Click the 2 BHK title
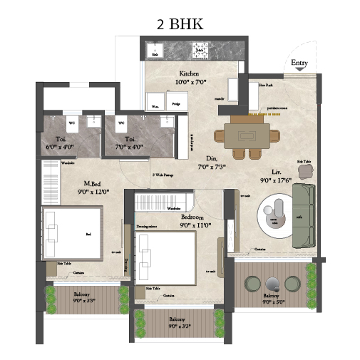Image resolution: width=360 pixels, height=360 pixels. [x=180, y=24]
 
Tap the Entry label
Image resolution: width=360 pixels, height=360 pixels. [x=299, y=64]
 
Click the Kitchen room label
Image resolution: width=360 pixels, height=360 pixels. [x=189, y=73]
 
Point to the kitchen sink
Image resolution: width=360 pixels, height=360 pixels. [x=154, y=50]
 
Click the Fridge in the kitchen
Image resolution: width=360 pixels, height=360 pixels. [x=175, y=105]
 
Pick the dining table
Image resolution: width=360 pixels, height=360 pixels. [x=247, y=135]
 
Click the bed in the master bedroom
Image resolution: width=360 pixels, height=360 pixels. [x=71, y=231]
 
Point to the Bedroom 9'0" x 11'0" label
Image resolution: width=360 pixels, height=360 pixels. [x=195, y=220]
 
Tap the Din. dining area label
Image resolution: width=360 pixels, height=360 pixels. [x=211, y=163]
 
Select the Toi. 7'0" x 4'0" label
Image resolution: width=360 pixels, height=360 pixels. [x=130, y=143]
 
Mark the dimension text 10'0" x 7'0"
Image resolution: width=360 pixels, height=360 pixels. [x=189, y=82]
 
